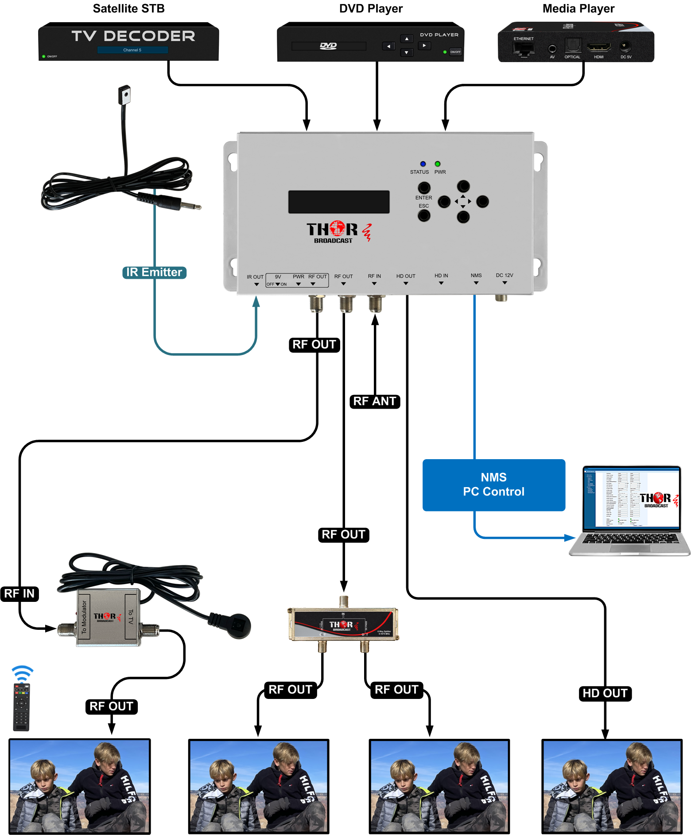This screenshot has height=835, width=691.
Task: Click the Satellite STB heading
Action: pos(128,8)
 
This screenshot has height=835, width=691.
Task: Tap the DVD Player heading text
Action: pos(371,8)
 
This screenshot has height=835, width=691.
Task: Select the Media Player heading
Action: pos(578,8)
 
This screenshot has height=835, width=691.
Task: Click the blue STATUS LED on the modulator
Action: pos(423,164)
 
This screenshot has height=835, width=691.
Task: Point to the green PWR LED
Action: pos(438,164)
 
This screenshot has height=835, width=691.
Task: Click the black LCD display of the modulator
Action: pos(339,202)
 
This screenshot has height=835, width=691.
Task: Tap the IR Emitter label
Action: pos(154,272)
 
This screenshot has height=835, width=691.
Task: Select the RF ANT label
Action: pos(375,401)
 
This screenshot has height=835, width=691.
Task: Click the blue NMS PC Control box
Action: pos(493,485)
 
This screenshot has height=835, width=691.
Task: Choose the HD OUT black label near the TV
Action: pos(605,693)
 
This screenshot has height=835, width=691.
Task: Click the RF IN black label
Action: pos(19,593)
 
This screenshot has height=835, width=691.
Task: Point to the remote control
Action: pos(21,707)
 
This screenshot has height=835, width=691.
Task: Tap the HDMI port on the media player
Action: pos(598,47)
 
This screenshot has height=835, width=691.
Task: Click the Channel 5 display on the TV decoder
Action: pos(132,50)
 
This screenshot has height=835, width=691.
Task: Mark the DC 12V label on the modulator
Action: pos(505,275)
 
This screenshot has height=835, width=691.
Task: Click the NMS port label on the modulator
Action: pos(476,275)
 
